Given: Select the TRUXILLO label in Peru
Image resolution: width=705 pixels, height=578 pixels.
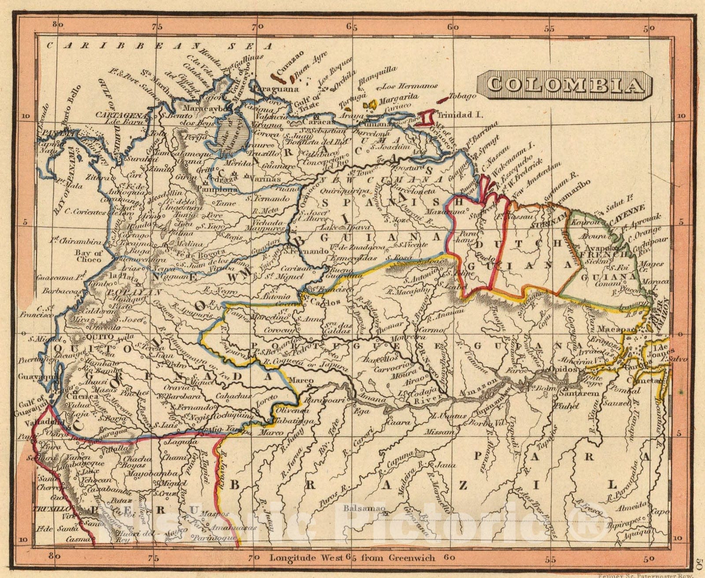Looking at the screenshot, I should pos(48,507).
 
